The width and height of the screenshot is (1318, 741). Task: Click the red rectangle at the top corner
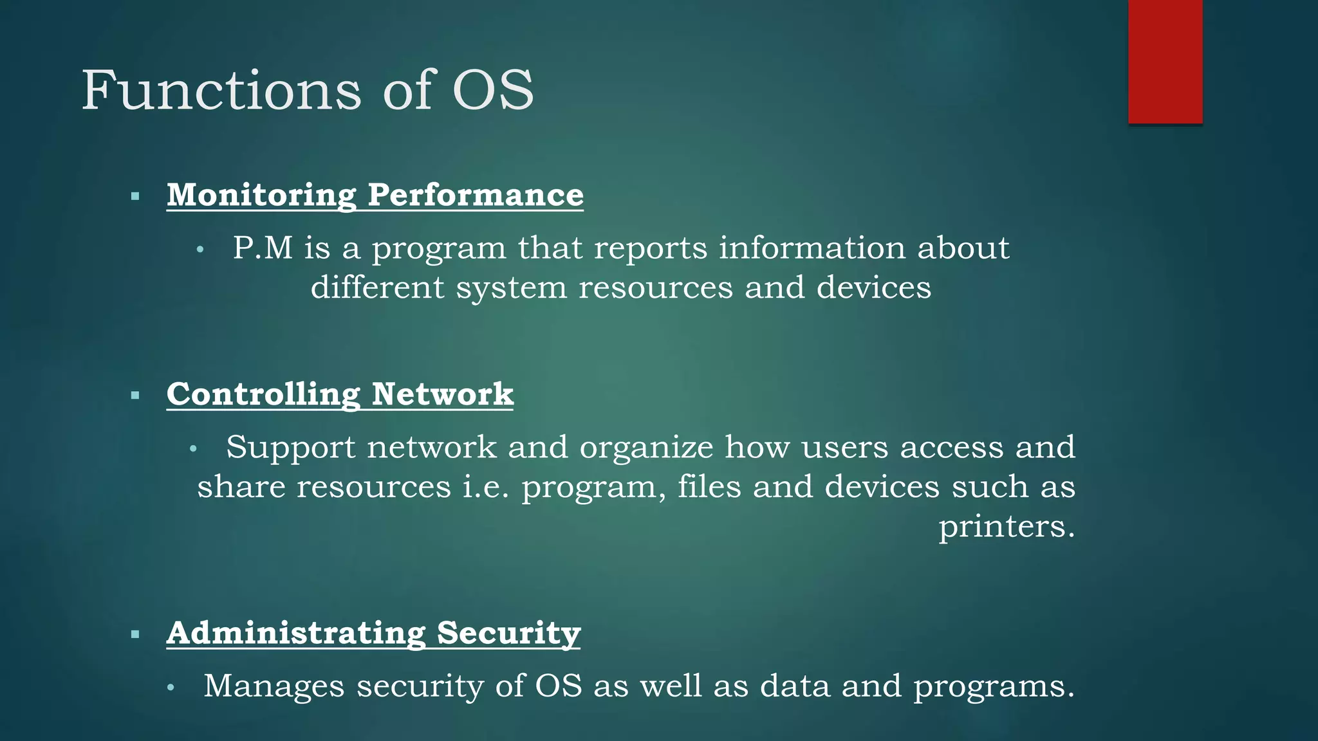point(1165,62)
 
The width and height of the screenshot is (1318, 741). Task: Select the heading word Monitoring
point(261,194)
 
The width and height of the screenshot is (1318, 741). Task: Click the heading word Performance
point(476,194)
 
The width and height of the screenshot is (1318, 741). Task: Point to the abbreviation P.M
point(263,248)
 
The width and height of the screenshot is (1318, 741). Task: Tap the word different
point(377,287)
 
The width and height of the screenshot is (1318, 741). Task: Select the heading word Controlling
point(263,394)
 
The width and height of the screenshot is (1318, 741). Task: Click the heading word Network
point(443,394)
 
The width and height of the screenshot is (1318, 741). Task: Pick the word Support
point(290,447)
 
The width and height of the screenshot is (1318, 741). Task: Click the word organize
point(646,447)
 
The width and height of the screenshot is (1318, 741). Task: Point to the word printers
point(1006,526)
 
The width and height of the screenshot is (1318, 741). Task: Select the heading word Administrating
point(296,633)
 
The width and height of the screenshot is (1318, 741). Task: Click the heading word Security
point(508,633)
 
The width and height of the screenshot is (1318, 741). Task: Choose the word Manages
point(274,686)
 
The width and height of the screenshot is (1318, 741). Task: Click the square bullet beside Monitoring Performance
point(135,196)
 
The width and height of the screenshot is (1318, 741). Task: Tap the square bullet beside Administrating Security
point(135,635)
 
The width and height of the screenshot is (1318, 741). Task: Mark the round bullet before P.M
point(200,250)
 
